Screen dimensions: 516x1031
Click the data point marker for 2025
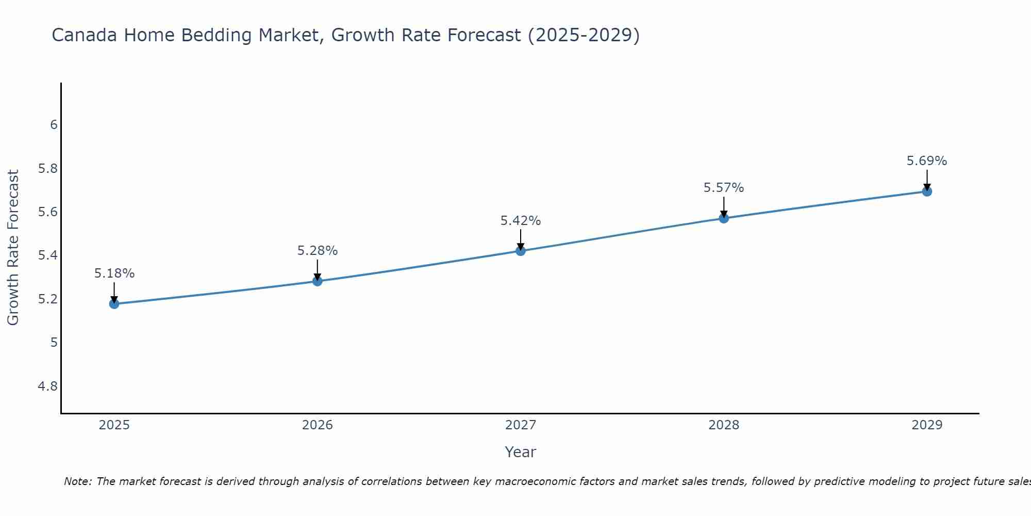pos(114,304)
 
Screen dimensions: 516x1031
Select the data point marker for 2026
pos(318,281)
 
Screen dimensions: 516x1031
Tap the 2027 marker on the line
pos(521,251)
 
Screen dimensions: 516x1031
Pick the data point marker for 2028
pos(724,218)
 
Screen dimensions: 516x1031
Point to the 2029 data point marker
pos(927,191)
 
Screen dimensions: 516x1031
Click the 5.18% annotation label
pos(114,273)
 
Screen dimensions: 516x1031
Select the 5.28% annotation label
pos(318,251)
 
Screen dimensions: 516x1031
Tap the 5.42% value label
pos(521,221)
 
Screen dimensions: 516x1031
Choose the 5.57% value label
pos(724,188)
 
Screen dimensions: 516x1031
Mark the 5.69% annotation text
pos(927,161)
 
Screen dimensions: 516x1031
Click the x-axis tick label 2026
pos(318,425)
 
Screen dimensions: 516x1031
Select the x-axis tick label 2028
pos(724,425)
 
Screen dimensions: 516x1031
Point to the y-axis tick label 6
pos(54,125)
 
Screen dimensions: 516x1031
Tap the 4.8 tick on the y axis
pos(48,386)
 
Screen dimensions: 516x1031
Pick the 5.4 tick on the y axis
pos(48,255)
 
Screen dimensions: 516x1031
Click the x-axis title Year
pos(521,452)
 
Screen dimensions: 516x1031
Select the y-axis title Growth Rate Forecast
pos(13,248)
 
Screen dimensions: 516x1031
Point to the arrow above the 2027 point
pos(521,239)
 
